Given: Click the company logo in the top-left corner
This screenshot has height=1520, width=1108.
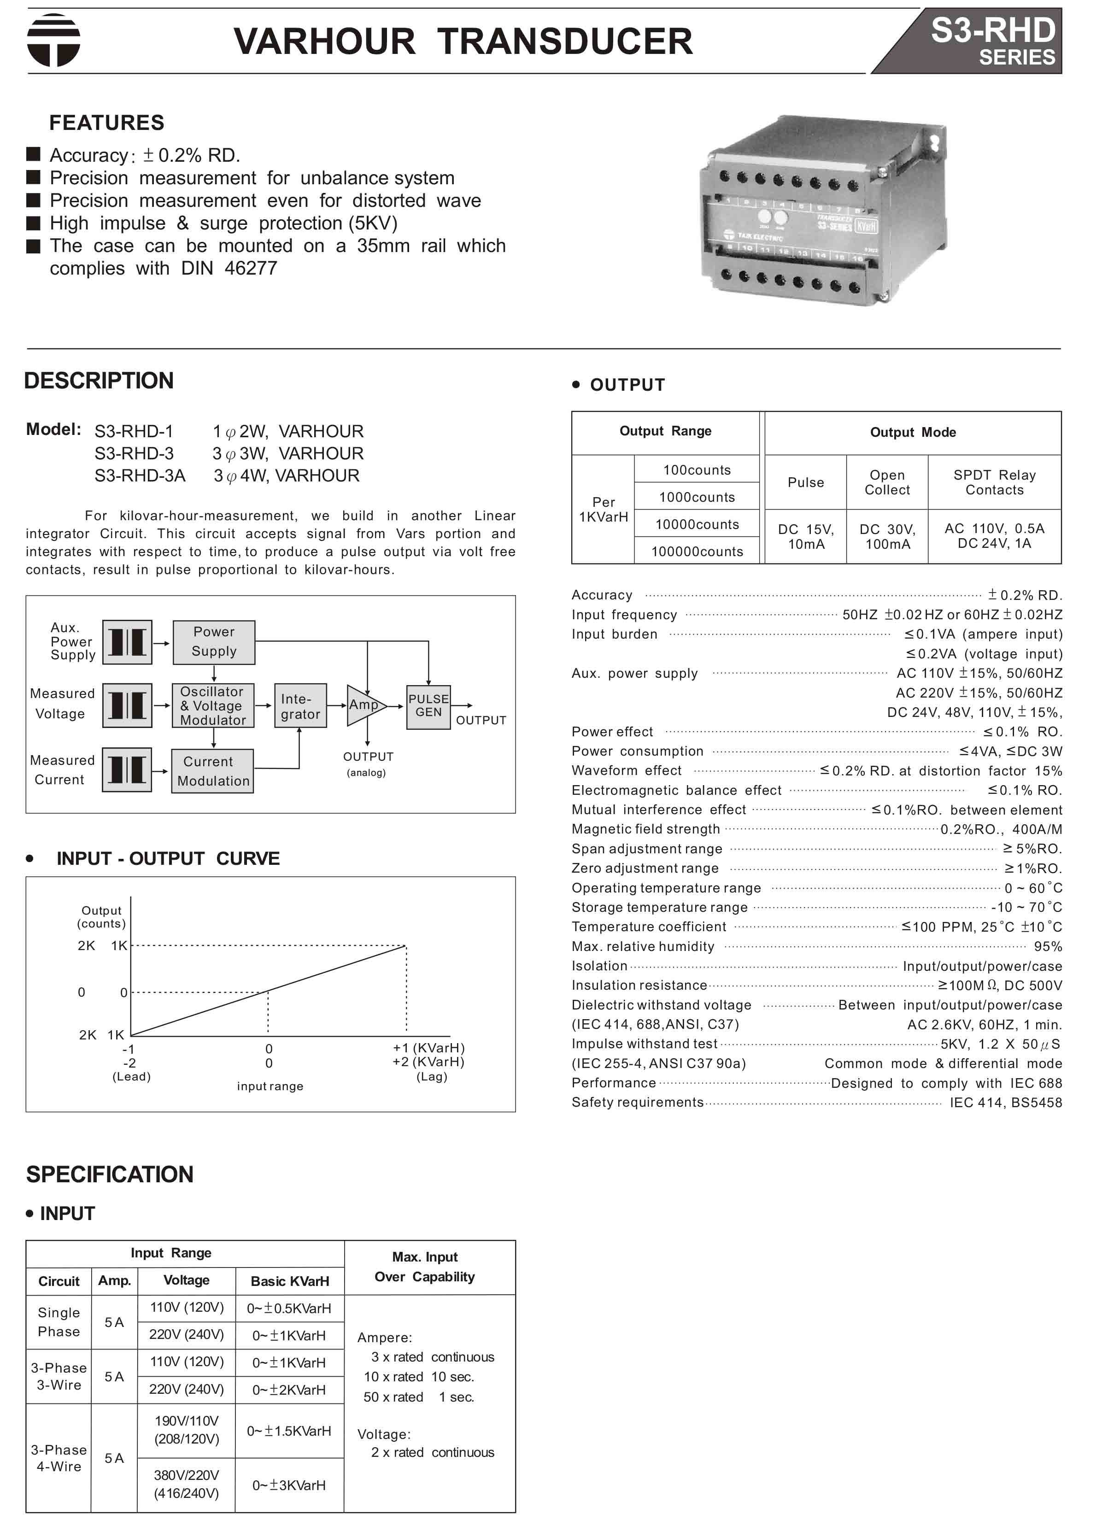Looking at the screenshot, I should point(53,40).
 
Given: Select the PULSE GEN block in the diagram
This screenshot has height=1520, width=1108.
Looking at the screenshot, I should point(428,706).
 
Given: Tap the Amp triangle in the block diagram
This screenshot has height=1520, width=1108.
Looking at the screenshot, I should point(363,705).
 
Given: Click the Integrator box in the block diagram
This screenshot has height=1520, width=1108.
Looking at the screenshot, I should point(300,706).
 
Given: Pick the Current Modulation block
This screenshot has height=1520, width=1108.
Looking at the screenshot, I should point(212,771).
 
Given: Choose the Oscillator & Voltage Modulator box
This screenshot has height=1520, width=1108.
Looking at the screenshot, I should point(212,706).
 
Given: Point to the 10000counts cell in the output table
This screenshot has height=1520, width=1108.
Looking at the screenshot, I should point(697,524).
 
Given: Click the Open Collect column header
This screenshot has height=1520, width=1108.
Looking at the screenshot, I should point(887,482).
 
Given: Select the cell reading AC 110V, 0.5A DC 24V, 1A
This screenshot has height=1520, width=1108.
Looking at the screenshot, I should point(994,536).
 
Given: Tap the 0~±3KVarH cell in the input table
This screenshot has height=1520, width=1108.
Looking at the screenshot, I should point(289,1485).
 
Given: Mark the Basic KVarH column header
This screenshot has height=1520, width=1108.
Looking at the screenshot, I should point(290,1281).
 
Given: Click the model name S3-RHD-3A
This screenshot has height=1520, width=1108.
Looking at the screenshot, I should point(140,475).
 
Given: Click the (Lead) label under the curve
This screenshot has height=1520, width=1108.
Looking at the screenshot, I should point(131,1077).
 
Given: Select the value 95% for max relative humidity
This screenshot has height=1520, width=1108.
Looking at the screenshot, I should point(1048,946).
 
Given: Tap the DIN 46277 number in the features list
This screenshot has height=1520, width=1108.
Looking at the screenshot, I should point(251,268).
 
